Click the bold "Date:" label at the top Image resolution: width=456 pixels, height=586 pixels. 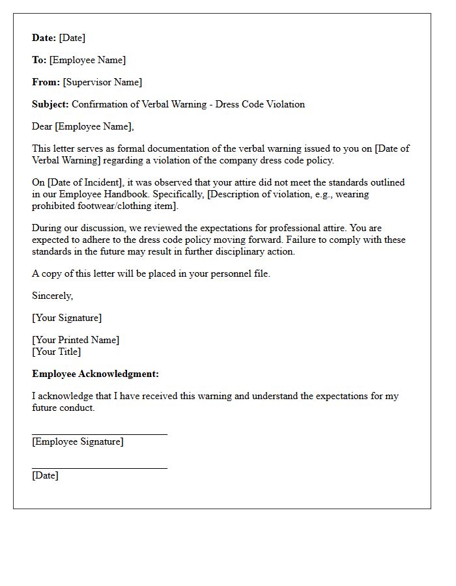tap(44, 38)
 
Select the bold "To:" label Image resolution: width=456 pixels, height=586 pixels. tap(39, 60)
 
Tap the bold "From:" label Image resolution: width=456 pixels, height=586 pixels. tap(46, 82)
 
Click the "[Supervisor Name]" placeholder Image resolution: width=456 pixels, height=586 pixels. tap(102, 82)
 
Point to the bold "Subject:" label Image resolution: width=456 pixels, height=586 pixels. tap(50, 104)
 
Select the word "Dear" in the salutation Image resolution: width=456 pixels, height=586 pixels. tap(42, 126)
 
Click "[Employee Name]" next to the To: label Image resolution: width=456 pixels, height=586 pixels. tap(88, 60)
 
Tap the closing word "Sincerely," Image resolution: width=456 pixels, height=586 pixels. tap(53, 296)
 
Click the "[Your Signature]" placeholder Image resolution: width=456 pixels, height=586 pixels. tap(67, 318)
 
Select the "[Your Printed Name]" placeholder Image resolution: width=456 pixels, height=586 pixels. tap(76, 340)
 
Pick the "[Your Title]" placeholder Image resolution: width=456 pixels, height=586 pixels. tap(57, 352)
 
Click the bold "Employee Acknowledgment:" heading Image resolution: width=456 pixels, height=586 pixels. tap(95, 374)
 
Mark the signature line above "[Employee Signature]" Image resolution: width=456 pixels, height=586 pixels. tap(100, 434)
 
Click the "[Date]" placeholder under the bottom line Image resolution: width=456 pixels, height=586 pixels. tap(45, 475)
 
